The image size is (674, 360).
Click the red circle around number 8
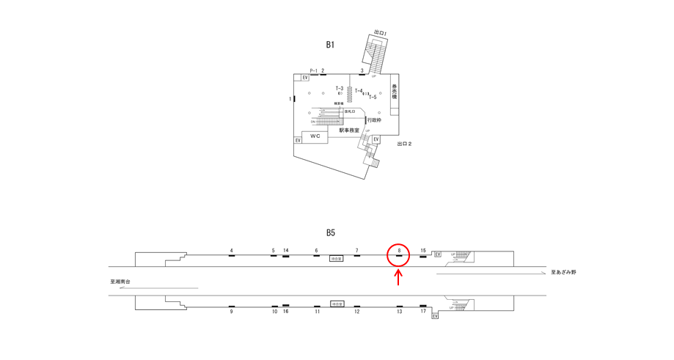click(398, 254)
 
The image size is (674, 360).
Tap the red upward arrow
click(398, 277)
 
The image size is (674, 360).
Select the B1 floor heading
click(330, 45)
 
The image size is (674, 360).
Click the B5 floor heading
click(330, 232)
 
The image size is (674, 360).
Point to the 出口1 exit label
click(380, 33)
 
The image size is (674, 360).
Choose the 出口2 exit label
click(404, 144)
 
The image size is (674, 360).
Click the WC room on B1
click(315, 136)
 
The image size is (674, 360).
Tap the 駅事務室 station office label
click(349, 131)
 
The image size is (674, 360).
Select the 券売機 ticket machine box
click(395, 92)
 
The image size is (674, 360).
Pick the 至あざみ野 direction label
click(563, 272)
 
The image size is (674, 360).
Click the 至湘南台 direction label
click(120, 282)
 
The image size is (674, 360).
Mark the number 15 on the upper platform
click(423, 251)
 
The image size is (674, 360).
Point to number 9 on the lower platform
click(231, 312)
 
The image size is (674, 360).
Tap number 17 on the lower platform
click(423, 312)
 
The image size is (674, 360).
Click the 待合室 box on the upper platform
click(337, 259)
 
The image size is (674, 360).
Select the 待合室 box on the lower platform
click(337, 304)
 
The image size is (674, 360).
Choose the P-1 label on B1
click(313, 71)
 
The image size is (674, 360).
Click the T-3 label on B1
click(339, 88)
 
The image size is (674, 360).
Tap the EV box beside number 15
click(438, 254)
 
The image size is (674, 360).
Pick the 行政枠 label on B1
click(374, 120)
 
